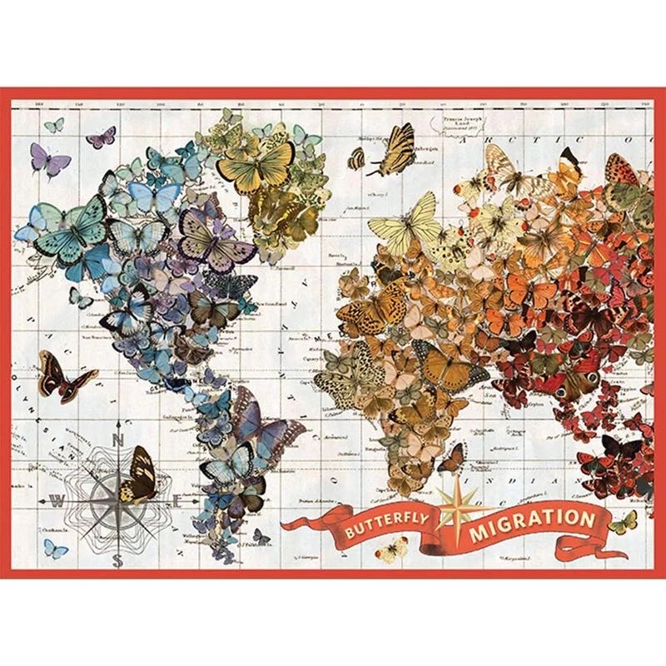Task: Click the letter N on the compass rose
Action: point(119,442)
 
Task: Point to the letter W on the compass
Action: point(57,501)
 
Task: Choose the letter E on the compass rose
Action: point(177,501)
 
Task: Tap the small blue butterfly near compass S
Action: point(55,548)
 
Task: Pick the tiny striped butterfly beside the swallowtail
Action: point(356,158)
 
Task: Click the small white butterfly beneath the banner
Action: point(391,550)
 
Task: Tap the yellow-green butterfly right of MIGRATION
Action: point(622,522)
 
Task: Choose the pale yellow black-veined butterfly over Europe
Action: point(405,221)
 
